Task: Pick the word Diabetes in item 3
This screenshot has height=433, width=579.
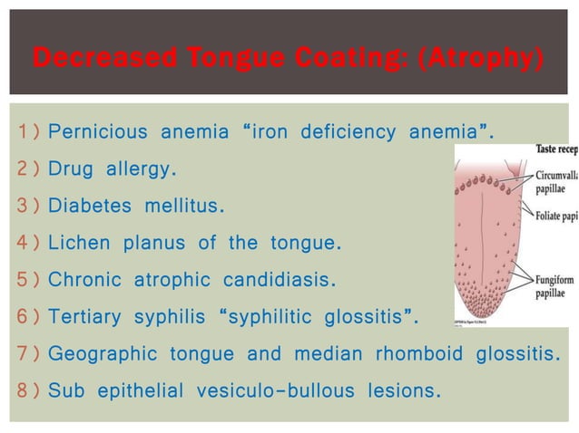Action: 88,207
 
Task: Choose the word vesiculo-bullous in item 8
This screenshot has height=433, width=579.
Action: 282,390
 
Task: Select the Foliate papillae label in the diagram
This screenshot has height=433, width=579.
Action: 556,216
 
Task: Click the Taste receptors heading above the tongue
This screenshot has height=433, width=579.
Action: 556,149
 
